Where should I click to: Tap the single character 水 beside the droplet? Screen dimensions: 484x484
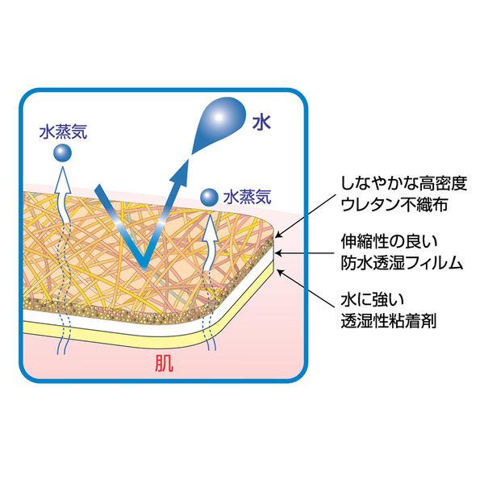point(261,122)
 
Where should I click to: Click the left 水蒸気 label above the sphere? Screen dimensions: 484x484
point(64,131)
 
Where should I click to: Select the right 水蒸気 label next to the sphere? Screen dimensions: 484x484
point(248,197)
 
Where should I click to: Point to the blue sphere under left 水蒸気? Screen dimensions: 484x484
point(63,153)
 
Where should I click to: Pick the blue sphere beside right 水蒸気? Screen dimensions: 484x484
point(210,198)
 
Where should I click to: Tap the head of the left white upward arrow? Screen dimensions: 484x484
point(63,179)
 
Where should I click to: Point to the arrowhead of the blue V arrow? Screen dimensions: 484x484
point(181,170)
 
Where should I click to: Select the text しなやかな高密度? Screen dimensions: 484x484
point(403,184)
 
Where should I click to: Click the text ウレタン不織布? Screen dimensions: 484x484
point(394,205)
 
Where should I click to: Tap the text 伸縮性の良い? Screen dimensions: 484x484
point(390,242)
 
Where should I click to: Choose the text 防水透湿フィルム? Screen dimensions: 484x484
point(402,263)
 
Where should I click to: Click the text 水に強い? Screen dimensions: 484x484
point(373,300)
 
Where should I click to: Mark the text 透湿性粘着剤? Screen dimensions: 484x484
point(388,321)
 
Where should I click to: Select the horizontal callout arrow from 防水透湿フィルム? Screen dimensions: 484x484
point(305,253)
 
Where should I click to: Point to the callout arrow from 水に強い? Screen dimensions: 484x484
point(306,288)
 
